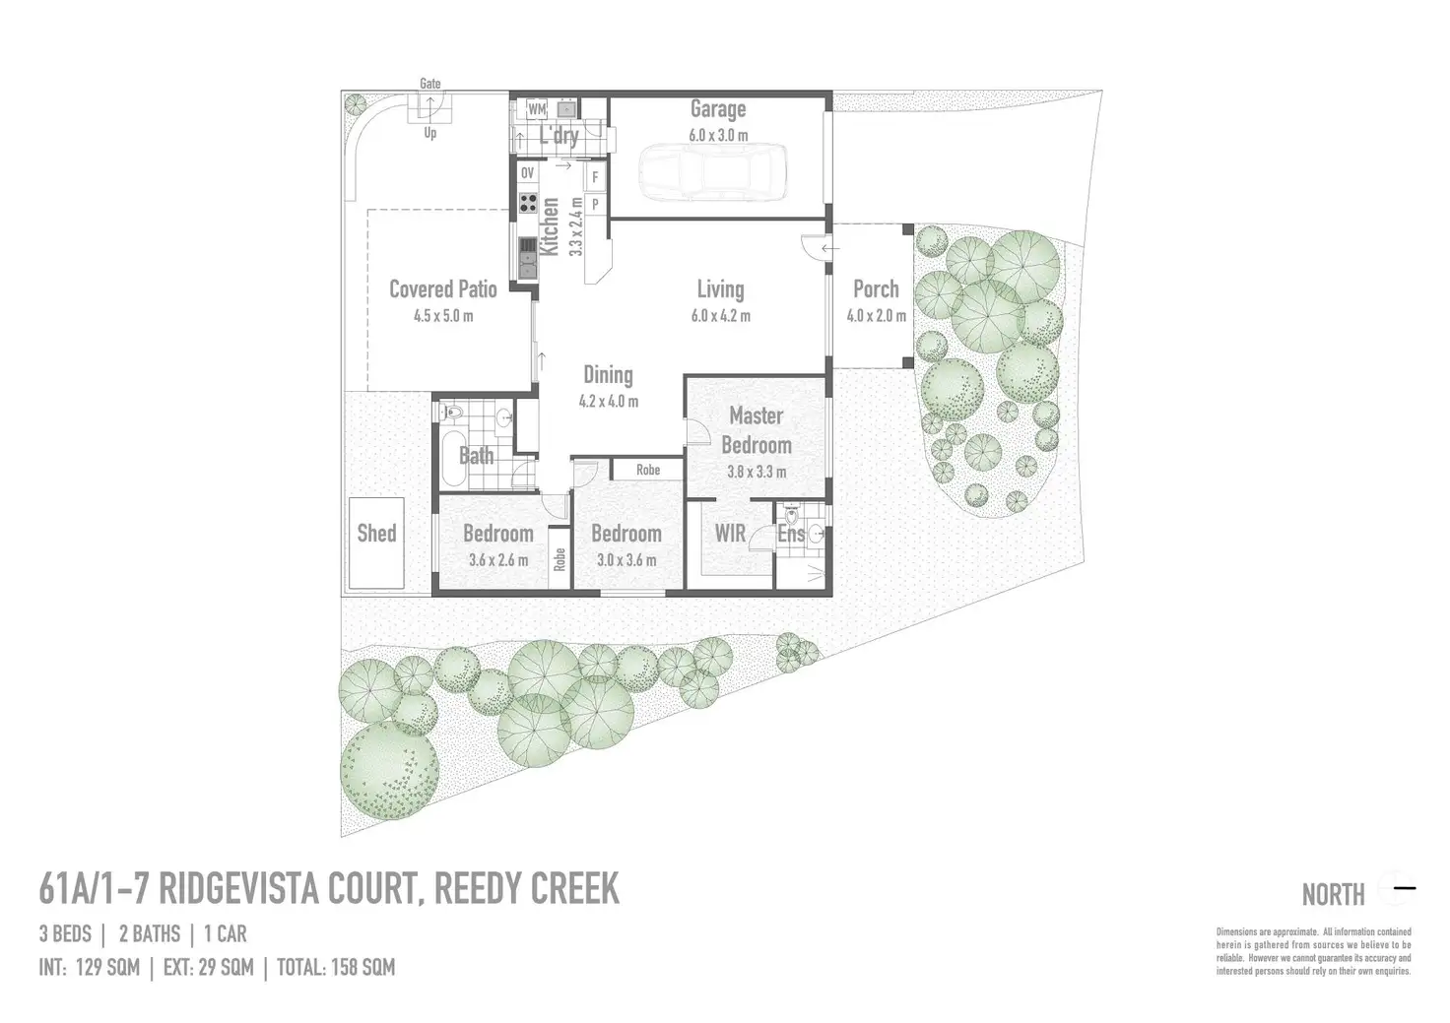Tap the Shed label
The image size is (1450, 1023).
[376, 534]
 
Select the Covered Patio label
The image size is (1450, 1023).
[442, 289]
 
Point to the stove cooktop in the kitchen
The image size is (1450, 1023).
[528, 206]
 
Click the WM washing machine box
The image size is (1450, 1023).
[537, 109]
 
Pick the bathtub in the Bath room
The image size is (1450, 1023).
[452, 457]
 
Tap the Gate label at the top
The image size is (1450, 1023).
[430, 84]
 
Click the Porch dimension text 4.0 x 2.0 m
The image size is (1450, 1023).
[876, 316]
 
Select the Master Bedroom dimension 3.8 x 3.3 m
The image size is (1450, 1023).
[757, 472]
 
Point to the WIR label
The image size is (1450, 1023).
[730, 534]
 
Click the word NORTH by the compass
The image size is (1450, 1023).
[1333, 895]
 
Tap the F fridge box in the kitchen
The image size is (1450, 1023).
[595, 178]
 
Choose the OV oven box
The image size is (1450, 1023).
[527, 173]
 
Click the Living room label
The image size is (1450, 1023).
[720, 289]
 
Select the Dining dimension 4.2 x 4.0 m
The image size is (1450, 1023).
[608, 402]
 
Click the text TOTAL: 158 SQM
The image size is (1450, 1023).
[336, 968]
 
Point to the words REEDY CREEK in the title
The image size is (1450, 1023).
[527, 890]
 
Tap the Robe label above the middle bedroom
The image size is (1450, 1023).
[648, 470]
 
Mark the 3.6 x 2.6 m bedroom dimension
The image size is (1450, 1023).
[497, 560]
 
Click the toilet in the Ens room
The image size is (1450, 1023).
[791, 516]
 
